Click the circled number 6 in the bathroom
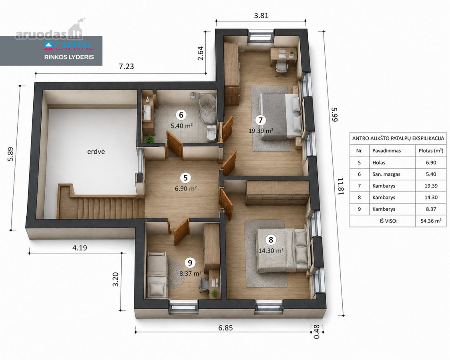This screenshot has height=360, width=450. click(181, 115)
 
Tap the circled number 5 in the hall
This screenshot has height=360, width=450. click(185, 178)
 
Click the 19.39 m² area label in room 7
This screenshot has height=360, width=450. click(261, 131)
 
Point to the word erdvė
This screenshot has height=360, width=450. click(96, 151)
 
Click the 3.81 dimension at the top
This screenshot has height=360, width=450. click(261, 16)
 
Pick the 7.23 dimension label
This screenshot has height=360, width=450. click(126, 66)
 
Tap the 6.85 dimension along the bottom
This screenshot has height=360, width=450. click(225, 328)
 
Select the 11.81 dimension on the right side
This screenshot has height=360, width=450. click(341, 186)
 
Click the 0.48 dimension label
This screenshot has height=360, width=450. click(317, 332)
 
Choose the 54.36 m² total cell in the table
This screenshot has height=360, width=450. click(431, 221)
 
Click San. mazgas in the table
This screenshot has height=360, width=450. click(386, 174)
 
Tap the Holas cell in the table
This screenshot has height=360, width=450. click(379, 162)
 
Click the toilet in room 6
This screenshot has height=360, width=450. click(211, 133)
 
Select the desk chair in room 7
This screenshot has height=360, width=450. click(281, 69)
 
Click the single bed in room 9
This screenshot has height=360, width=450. click(157, 275)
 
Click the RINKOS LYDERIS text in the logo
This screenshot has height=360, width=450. click(69, 57)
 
